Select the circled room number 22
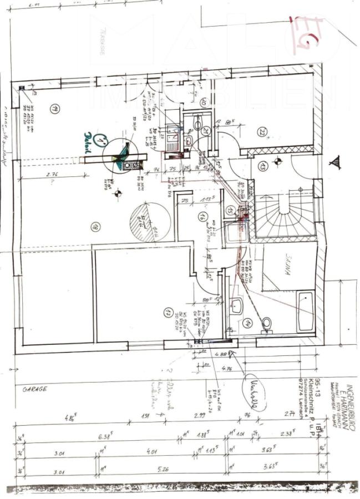click(x=262, y=132)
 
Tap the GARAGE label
click(x=34, y=389)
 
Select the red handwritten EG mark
click(x=308, y=34)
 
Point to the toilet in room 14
click(x=267, y=323)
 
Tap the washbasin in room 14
click(x=236, y=305)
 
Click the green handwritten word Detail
click(x=88, y=135)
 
